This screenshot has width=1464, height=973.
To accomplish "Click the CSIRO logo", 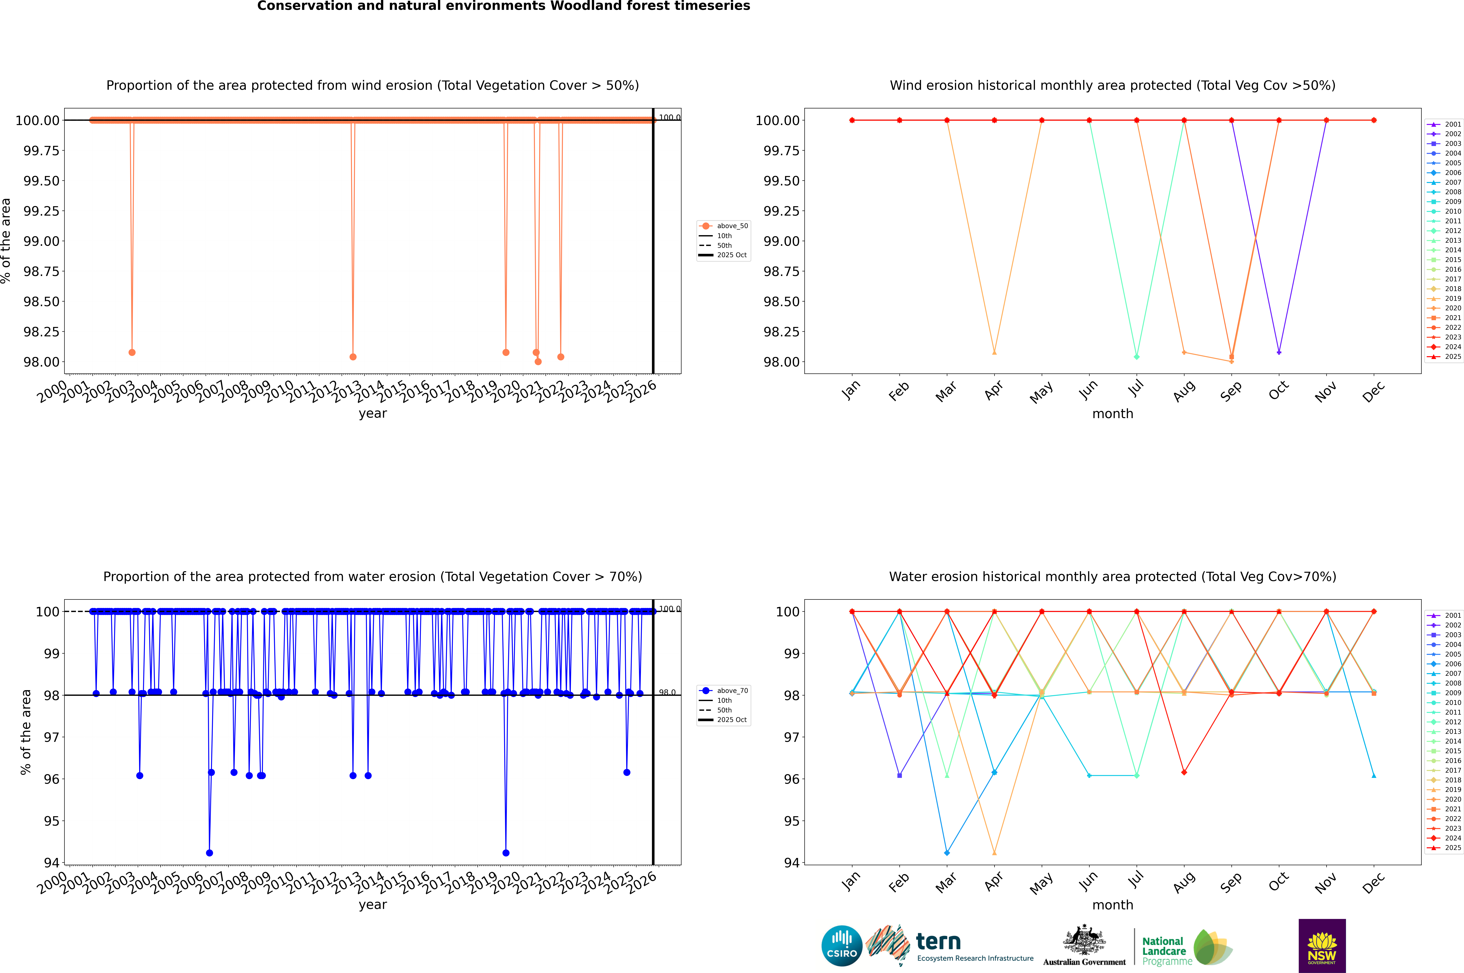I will point(841,946).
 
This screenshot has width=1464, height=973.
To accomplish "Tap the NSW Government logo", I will point(1322,946).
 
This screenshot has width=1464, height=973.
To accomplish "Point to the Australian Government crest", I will point(1084,942).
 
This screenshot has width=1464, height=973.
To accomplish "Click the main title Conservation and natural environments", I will point(503,6).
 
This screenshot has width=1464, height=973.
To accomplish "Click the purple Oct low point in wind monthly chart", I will point(1279,353).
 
